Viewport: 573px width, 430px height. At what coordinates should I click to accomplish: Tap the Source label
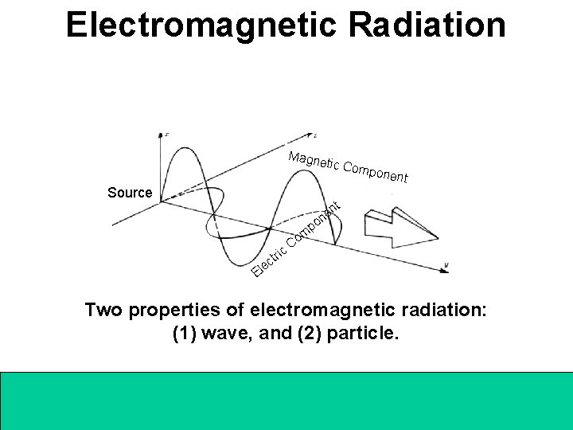point(130,193)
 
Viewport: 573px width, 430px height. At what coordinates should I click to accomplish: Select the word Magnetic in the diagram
point(314,161)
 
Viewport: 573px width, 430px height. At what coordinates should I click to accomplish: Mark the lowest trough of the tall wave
point(232,264)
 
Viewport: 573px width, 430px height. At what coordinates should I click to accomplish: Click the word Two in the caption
point(104,311)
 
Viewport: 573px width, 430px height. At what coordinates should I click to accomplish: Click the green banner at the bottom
point(286,399)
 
